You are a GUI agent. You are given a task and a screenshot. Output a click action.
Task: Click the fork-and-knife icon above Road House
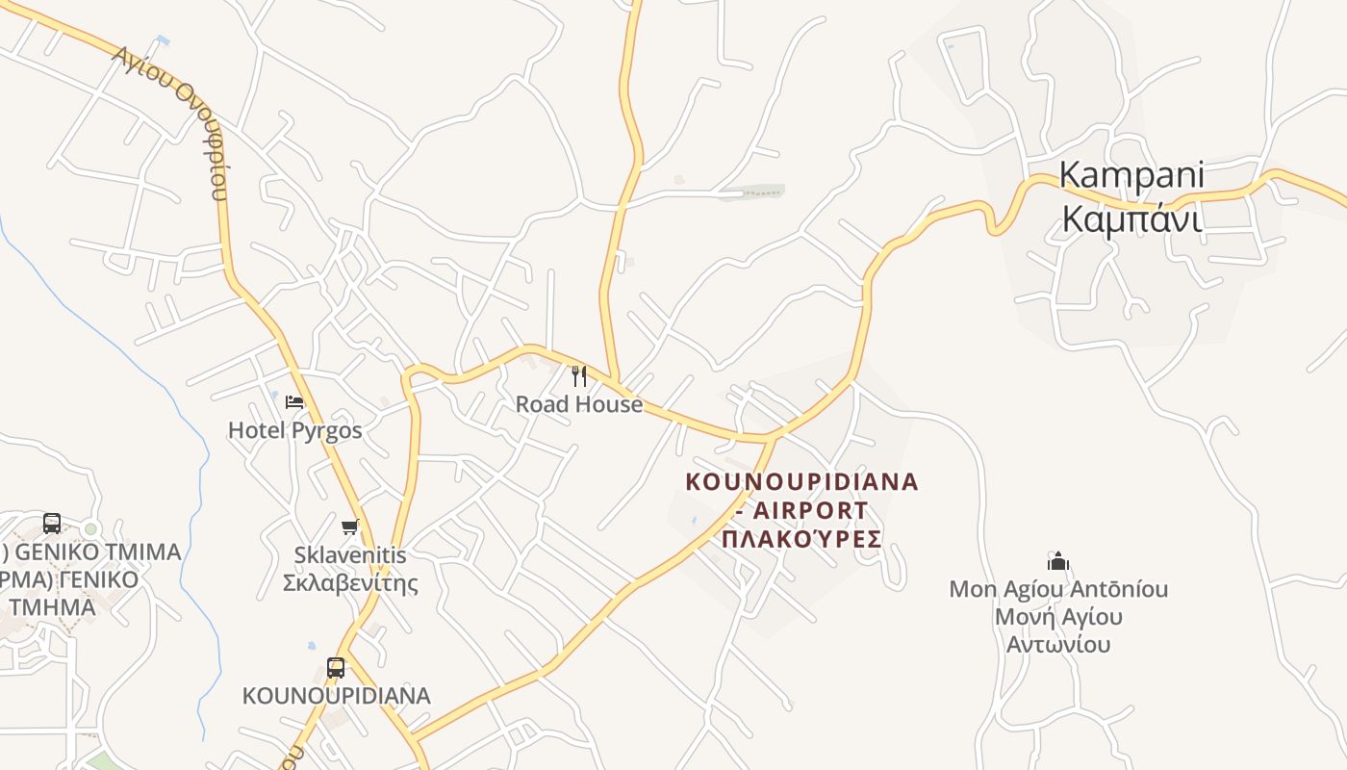(578, 375)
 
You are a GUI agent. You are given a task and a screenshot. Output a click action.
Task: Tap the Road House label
(578, 404)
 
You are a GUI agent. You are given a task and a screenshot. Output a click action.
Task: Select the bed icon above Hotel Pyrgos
(294, 401)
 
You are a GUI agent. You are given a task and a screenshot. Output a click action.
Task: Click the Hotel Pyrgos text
(294, 430)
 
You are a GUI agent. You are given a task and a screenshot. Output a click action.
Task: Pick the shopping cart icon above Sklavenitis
(350, 526)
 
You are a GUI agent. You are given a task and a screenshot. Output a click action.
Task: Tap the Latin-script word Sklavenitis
(350, 555)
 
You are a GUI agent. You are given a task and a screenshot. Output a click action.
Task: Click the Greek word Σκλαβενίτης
(350, 583)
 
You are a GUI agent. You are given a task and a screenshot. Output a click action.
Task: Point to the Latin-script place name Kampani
(1131, 175)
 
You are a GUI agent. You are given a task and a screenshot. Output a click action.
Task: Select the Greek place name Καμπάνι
(1131, 219)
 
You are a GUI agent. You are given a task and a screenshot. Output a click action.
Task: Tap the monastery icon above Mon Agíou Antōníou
(1058, 561)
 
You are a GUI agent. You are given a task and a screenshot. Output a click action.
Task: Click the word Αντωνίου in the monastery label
(1058, 644)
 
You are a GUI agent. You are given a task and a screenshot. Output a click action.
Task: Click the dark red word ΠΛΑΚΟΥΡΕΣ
(801, 538)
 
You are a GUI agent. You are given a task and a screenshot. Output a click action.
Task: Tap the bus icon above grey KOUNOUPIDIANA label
(336, 667)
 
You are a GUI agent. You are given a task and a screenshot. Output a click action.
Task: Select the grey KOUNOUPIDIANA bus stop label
(336, 695)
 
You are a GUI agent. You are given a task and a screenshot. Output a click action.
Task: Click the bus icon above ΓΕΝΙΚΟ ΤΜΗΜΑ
(52, 524)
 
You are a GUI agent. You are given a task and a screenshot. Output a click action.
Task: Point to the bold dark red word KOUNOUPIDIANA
(801, 481)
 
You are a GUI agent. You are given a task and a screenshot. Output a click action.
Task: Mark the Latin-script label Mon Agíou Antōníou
(1058, 588)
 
